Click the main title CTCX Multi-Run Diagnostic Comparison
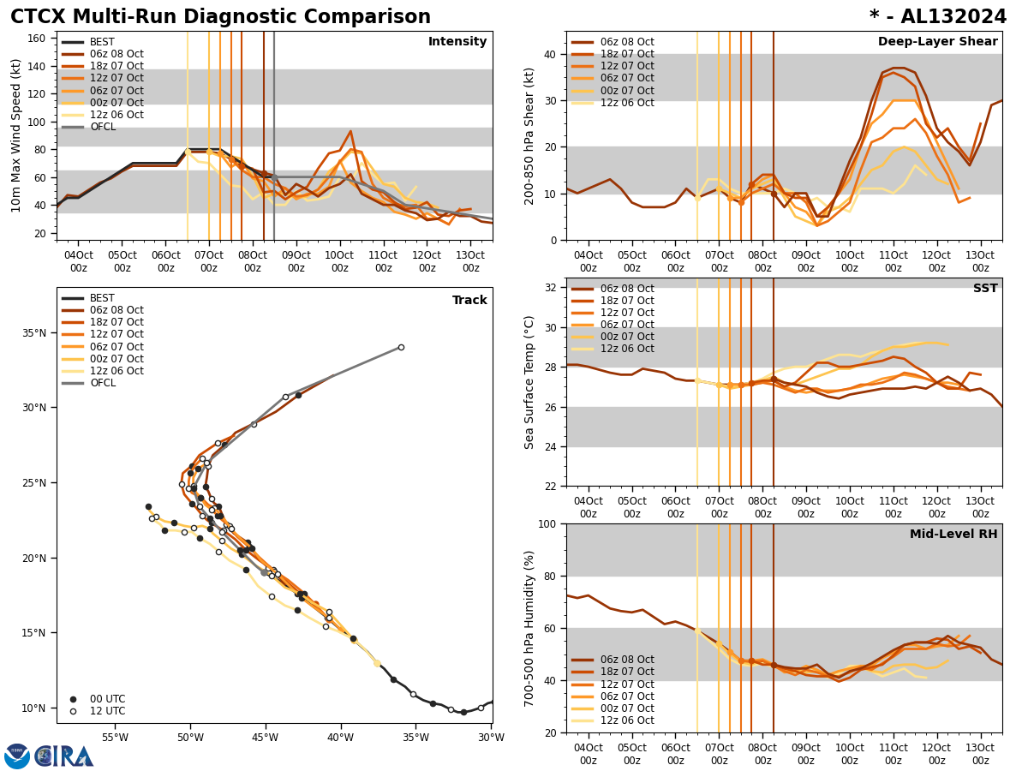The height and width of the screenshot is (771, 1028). coord(220,17)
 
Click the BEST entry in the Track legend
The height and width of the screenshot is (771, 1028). coord(102,298)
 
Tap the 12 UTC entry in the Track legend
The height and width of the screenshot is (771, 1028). coord(107,711)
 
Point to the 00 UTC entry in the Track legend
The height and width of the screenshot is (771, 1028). coord(107,699)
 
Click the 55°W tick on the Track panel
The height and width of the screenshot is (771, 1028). coord(115,737)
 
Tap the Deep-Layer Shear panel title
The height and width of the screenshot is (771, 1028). coord(937,42)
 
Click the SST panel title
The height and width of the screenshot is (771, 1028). coord(985,289)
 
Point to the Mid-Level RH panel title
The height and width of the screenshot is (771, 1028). coord(953,535)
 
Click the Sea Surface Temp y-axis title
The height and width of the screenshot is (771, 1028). coord(529,382)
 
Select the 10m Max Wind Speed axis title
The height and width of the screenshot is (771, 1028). coord(16,135)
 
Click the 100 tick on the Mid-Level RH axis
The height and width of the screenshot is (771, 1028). coord(547,523)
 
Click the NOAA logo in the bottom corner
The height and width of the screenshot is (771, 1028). coord(17,756)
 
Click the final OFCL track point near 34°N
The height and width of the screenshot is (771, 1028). coord(401,347)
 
